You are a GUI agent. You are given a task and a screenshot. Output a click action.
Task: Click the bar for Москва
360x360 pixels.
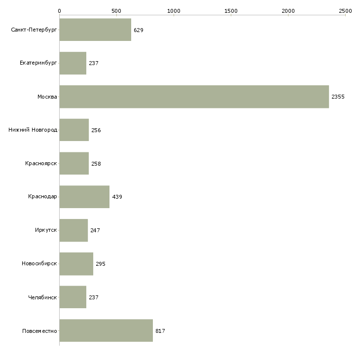click(x=194, y=97)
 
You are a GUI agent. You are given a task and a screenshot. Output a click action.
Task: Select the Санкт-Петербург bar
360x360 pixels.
click(x=95, y=30)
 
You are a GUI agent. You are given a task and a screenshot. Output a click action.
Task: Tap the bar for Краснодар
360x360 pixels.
click(x=84, y=197)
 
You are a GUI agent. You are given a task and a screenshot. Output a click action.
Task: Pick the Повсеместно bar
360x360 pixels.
click(x=106, y=330)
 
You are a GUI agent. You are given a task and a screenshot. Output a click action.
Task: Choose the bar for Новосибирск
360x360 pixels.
click(x=76, y=264)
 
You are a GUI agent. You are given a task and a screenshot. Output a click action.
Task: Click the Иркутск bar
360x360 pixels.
click(x=73, y=230)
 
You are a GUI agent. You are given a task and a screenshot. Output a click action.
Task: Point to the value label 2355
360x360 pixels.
click(x=338, y=97)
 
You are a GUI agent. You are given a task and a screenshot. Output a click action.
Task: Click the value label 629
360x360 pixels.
click(x=139, y=30)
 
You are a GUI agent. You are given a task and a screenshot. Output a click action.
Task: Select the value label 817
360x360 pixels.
click(x=160, y=331)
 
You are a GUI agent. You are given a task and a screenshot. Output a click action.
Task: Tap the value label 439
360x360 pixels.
click(x=117, y=197)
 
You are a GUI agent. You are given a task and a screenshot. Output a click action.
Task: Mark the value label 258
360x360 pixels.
click(x=96, y=164)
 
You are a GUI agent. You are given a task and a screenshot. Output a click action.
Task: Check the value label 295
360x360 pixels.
click(x=101, y=264)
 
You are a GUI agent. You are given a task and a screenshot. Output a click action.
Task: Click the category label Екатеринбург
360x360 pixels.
click(x=38, y=63)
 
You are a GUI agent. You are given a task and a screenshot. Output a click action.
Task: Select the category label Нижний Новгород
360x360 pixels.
click(x=33, y=130)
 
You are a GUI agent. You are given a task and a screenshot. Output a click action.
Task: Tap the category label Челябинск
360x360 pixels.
click(x=42, y=297)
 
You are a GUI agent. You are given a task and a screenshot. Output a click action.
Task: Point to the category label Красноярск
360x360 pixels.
click(x=41, y=163)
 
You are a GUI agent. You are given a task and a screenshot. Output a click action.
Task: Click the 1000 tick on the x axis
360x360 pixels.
click(x=174, y=11)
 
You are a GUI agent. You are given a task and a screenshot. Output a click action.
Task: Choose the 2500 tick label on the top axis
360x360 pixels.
click(x=345, y=11)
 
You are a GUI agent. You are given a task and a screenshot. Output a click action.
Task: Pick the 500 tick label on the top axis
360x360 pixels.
click(x=116, y=11)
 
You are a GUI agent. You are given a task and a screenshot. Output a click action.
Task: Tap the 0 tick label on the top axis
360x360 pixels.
click(x=60, y=11)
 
